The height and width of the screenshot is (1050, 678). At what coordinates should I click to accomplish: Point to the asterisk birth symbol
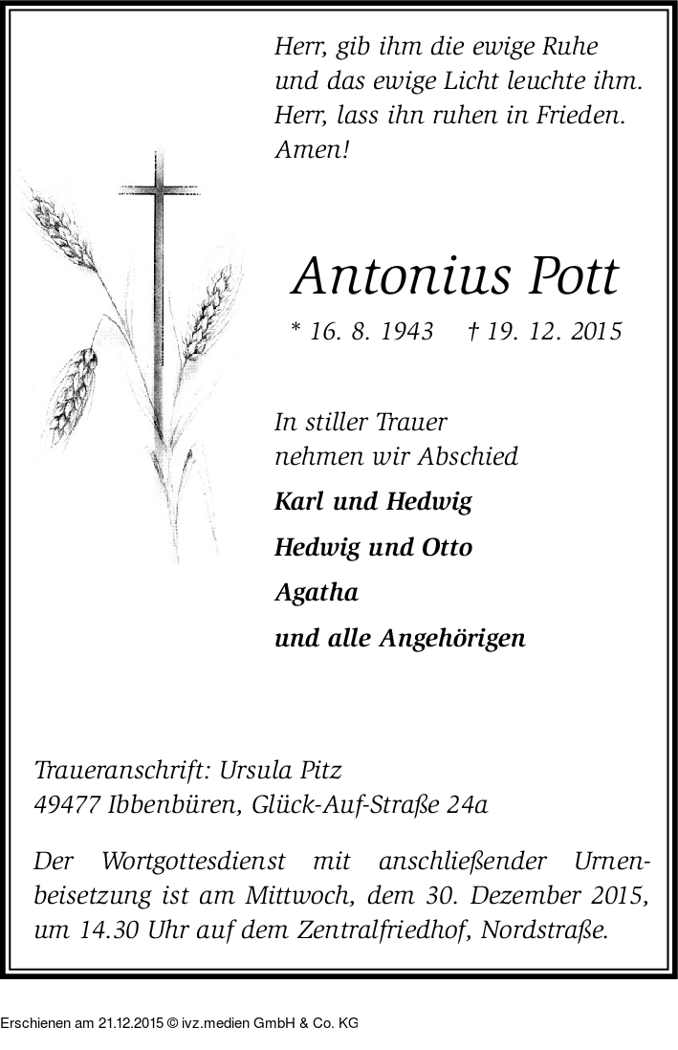click(x=296, y=329)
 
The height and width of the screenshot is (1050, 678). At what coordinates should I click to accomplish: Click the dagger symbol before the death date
click(x=472, y=331)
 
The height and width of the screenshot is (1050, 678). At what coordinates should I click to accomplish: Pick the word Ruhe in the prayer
click(x=573, y=47)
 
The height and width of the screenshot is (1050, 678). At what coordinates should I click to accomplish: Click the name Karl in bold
click(x=296, y=502)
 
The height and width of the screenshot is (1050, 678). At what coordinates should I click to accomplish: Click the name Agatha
click(x=317, y=593)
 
